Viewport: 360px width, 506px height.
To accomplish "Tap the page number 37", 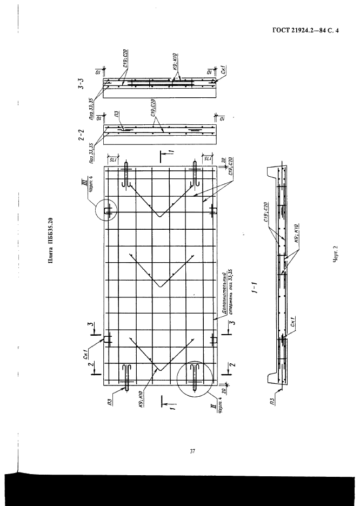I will tap(192, 451).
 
